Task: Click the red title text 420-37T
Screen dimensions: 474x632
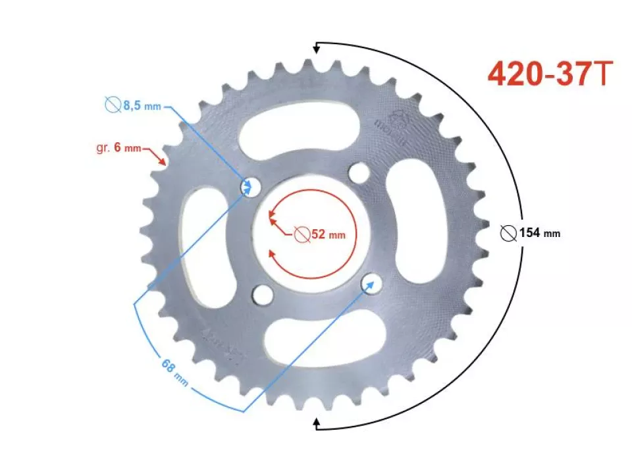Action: point(550,74)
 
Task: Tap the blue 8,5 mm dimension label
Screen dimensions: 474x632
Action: point(140,105)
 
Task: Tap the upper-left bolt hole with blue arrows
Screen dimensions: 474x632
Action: point(249,187)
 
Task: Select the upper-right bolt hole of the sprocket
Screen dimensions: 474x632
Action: point(359,174)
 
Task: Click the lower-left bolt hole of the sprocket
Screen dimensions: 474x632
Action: point(263,294)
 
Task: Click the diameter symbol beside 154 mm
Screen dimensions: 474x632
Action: point(508,232)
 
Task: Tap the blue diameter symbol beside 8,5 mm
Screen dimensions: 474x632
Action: point(113,105)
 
